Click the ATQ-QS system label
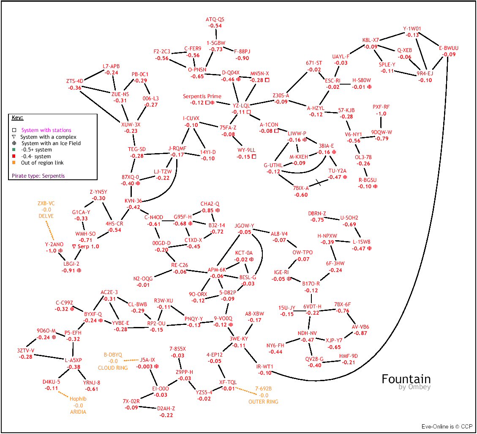coord(215,19)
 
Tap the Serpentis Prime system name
coord(202,96)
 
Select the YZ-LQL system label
coord(241,105)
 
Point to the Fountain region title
coord(406,379)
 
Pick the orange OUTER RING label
coord(263,401)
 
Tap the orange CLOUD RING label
coord(113,368)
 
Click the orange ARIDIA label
coord(78,412)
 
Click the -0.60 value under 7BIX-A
coord(301,195)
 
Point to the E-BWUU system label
coord(448,48)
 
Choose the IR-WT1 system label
coord(265,366)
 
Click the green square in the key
coord(14,150)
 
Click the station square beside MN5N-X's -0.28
coord(267,80)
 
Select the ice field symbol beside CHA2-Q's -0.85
coord(218,210)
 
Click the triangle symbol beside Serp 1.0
coord(74,246)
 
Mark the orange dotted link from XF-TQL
coord(244,389)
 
